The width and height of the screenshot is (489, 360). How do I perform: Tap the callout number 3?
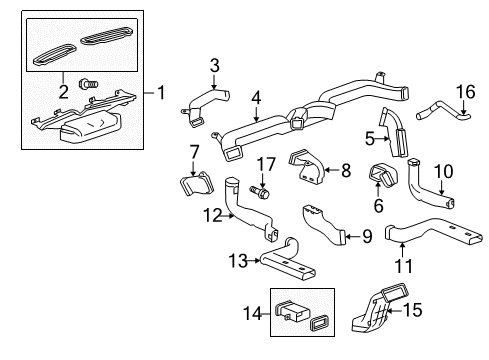pyautogui.click(x=213, y=66)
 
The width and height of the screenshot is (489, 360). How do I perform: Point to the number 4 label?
pyautogui.click(x=256, y=97)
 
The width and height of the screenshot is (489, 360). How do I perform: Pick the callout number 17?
pyautogui.click(x=263, y=163)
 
